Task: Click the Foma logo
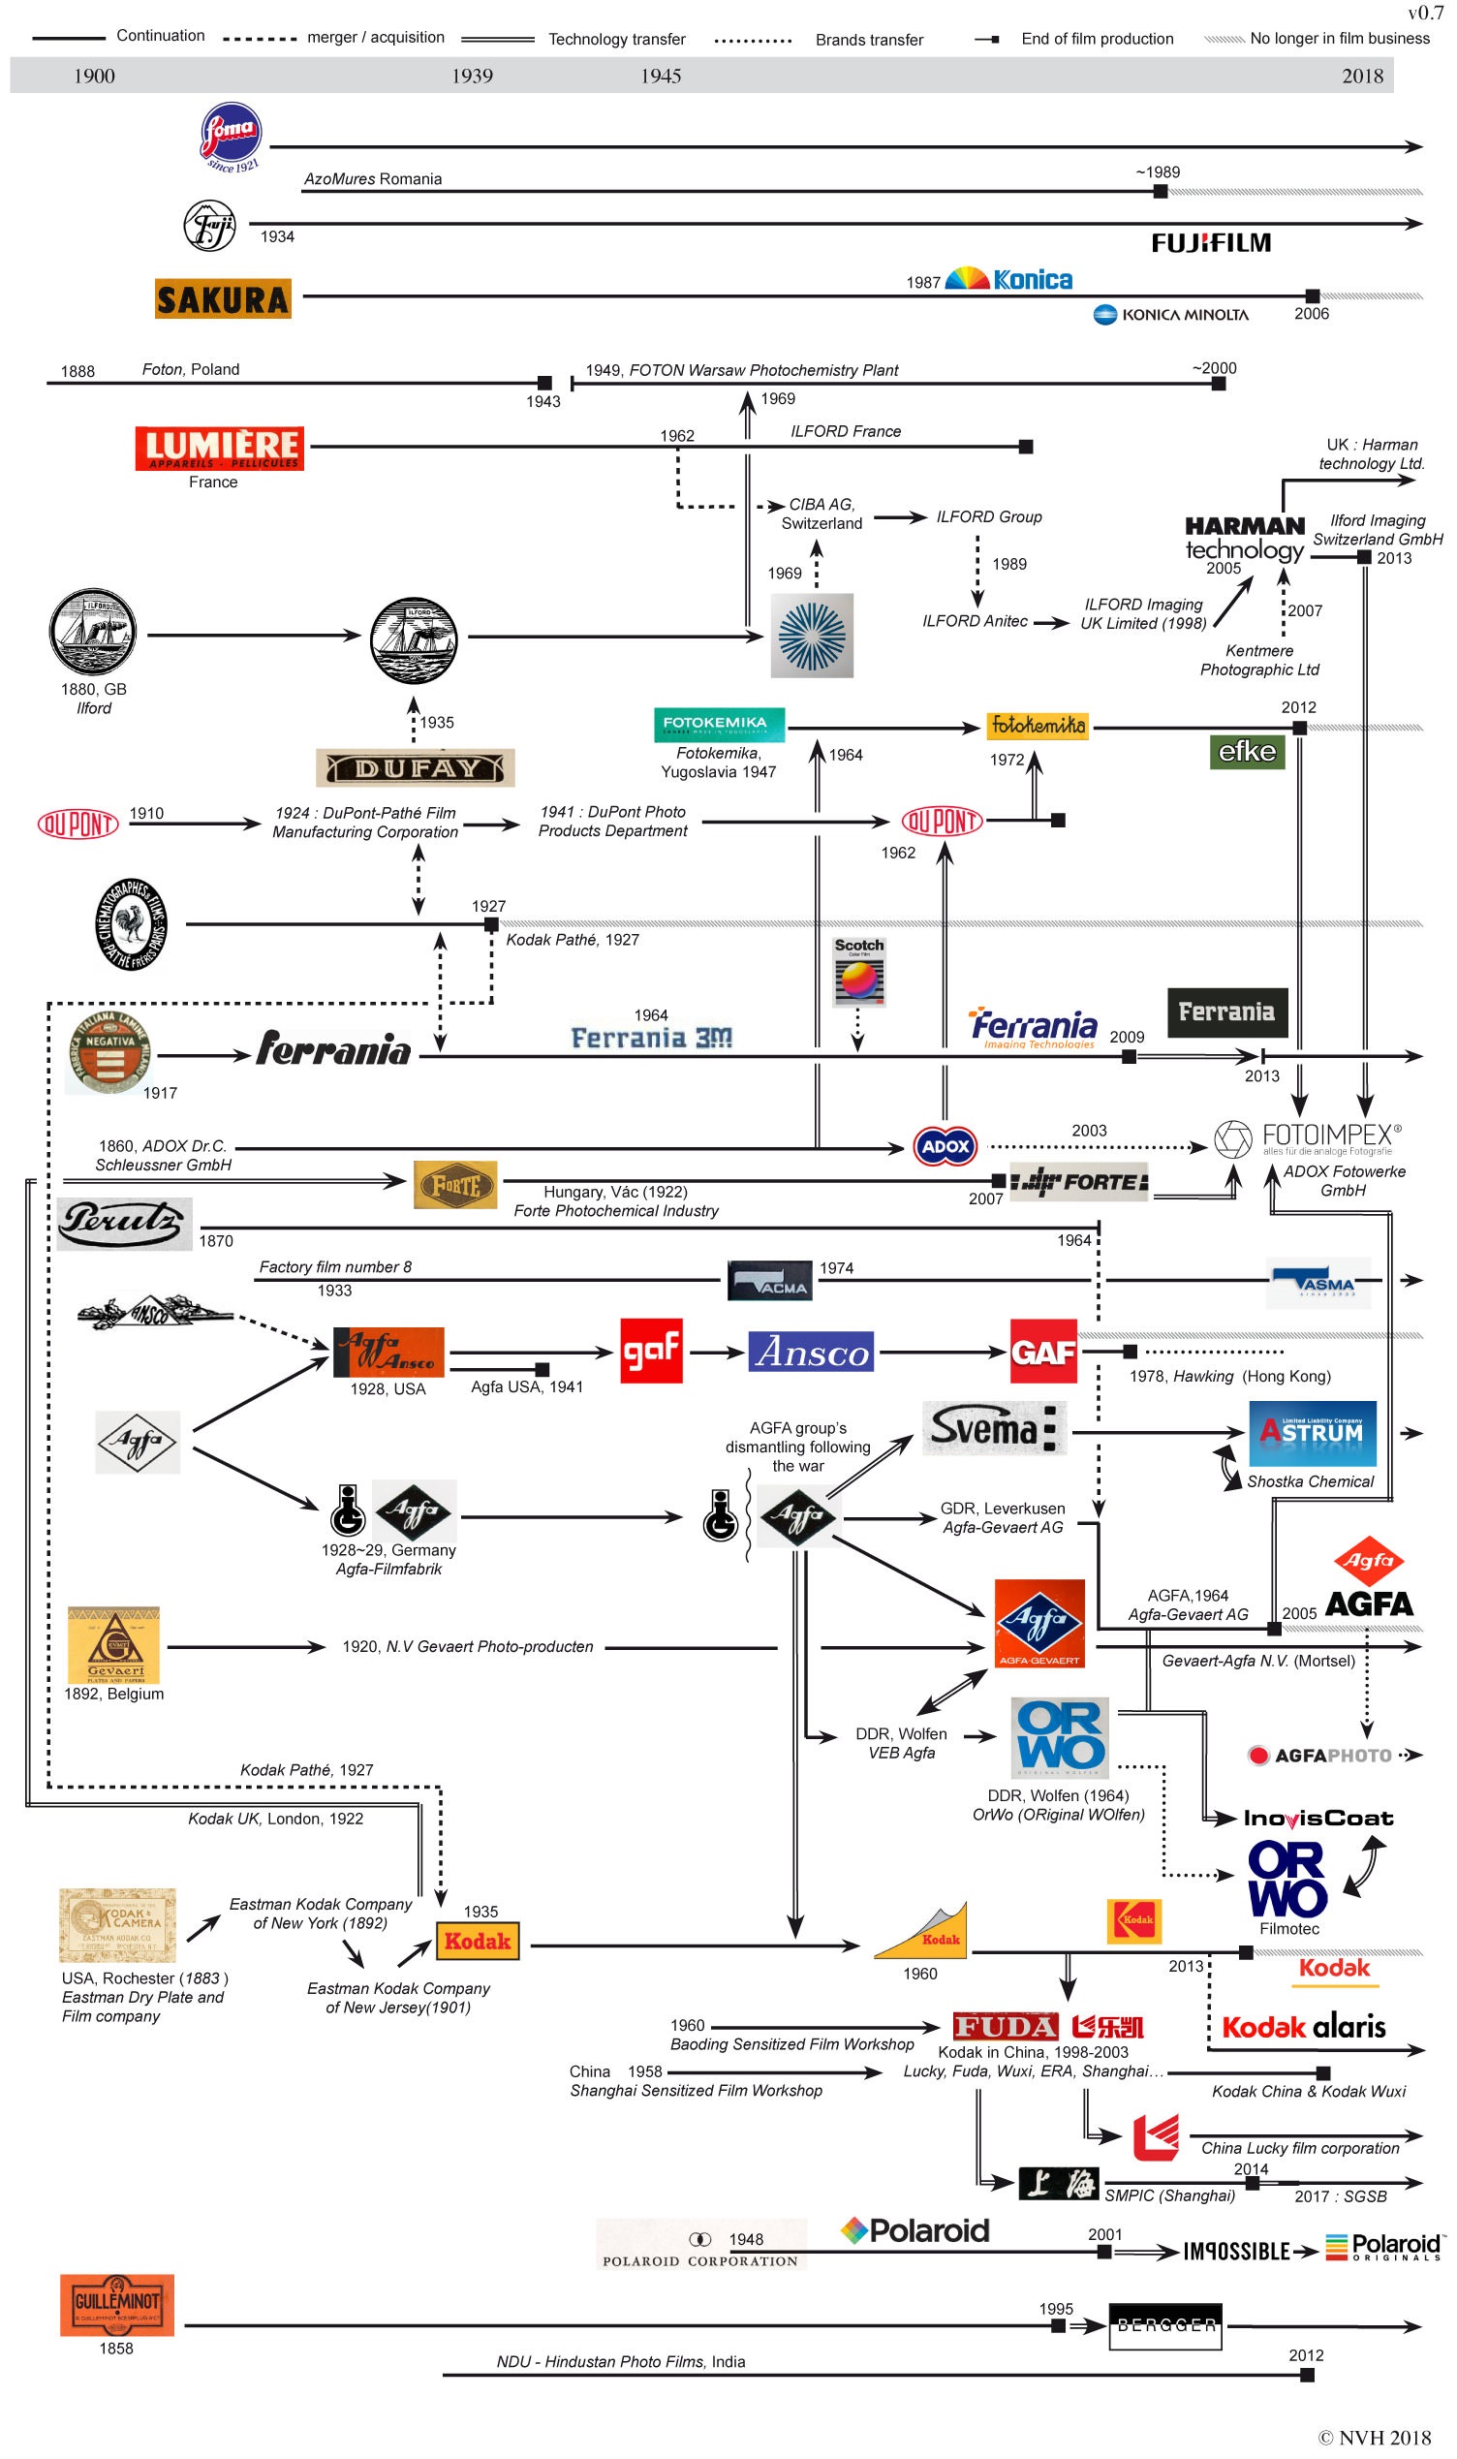click(x=231, y=136)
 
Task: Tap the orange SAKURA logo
click(x=223, y=298)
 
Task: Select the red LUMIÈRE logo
click(x=220, y=449)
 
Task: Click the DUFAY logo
click(x=416, y=767)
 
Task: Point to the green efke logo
click(x=1247, y=752)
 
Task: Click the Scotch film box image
click(x=859, y=972)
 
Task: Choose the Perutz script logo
click(x=125, y=1223)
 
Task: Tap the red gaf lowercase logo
click(x=651, y=1351)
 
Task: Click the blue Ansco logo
click(x=812, y=1352)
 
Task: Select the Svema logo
click(x=994, y=1428)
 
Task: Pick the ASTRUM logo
click(x=1312, y=1433)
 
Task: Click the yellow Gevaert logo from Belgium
click(x=114, y=1645)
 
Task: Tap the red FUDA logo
click(x=1006, y=2026)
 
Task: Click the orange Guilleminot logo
click(x=117, y=2304)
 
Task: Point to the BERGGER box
click(x=1165, y=2325)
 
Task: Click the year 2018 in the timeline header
click(x=1362, y=76)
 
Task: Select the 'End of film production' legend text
click(x=1097, y=40)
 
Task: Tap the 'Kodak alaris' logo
click(x=1303, y=2027)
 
